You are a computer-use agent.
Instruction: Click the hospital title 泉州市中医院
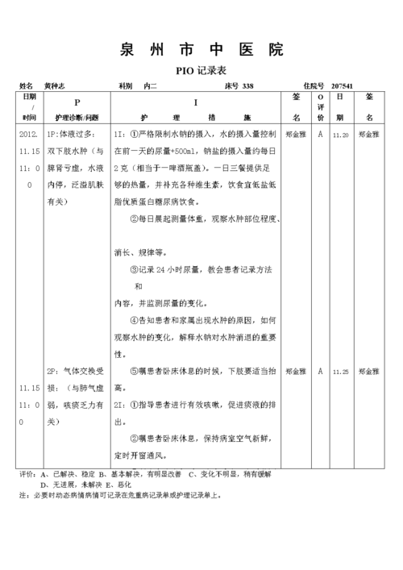coord(201,49)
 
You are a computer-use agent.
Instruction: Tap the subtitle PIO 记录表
coord(201,70)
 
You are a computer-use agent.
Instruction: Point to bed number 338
coord(247,85)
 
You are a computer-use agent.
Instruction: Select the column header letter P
coord(77,102)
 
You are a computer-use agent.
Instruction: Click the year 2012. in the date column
coord(28,135)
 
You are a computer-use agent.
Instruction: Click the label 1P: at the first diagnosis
coord(54,135)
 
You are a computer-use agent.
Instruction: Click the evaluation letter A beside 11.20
coord(320,135)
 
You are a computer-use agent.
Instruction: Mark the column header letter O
coord(320,97)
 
